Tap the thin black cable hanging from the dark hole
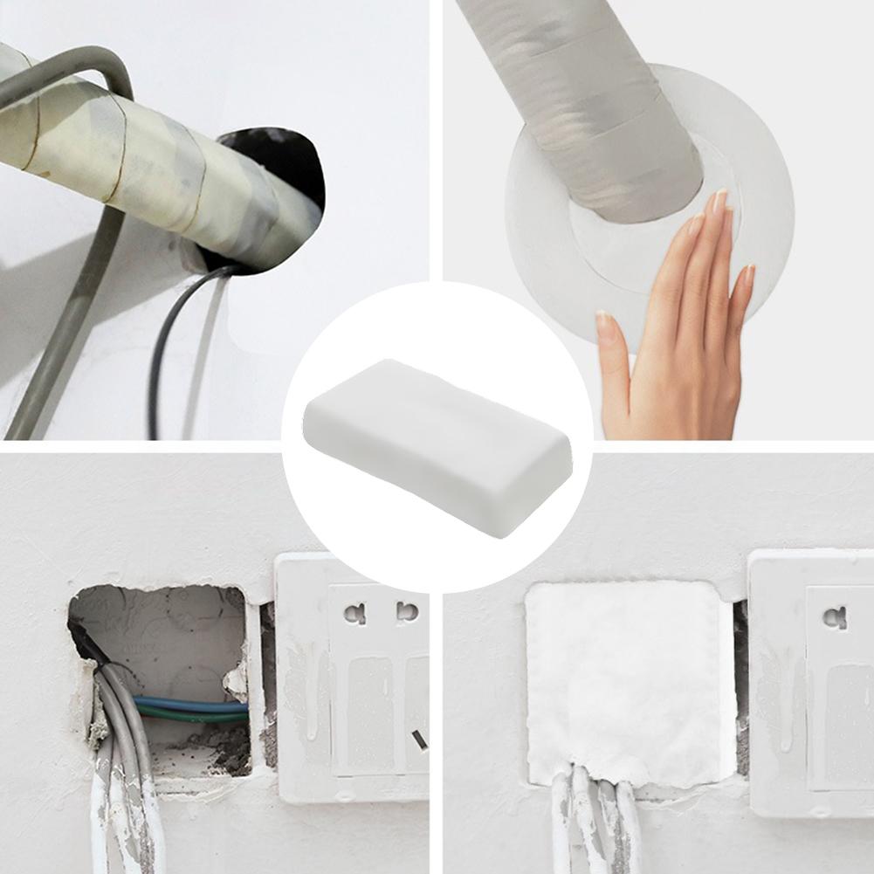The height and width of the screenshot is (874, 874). (157, 367)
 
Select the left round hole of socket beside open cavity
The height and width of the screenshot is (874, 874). (354, 613)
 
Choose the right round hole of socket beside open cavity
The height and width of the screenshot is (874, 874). (406, 611)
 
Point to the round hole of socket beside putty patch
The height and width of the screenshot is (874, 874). (834, 618)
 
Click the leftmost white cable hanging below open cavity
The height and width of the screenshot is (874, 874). (101, 812)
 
